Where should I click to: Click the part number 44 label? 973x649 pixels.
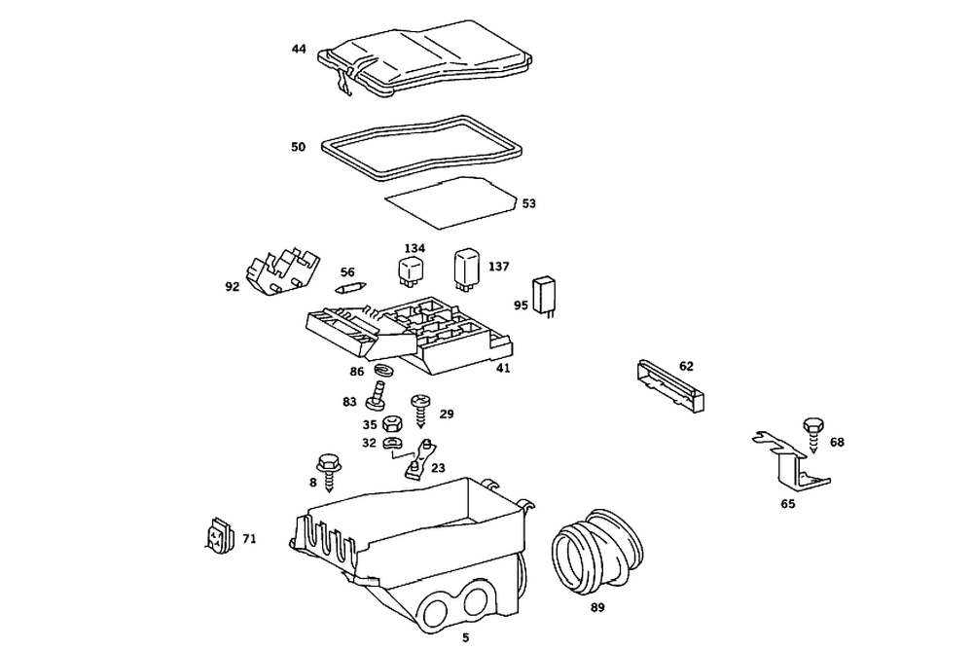tap(298, 48)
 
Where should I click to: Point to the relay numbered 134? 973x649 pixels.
tap(411, 270)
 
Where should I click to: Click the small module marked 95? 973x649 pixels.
tap(547, 295)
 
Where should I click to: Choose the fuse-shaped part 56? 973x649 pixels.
tap(350, 288)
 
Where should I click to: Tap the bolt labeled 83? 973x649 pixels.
tap(377, 397)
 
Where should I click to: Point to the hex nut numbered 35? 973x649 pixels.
tap(394, 423)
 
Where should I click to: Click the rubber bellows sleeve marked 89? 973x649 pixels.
tap(596, 552)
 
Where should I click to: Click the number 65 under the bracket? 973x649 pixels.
tap(787, 505)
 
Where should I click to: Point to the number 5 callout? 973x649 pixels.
tap(465, 637)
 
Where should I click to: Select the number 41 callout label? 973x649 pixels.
tap(502, 368)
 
